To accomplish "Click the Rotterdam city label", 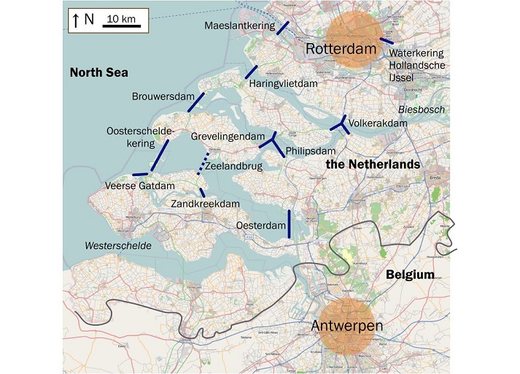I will (x=345, y=49).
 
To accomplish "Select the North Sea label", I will (x=98, y=72).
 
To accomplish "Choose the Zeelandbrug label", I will (x=233, y=167).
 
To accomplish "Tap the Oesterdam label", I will (x=260, y=226).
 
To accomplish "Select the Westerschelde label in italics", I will (x=118, y=245).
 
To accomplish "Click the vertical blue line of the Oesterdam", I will (x=290, y=224).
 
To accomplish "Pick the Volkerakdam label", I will (x=378, y=124).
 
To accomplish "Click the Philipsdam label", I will (x=309, y=151).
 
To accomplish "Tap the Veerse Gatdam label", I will (x=140, y=186).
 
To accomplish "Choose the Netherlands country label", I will (x=373, y=164).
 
